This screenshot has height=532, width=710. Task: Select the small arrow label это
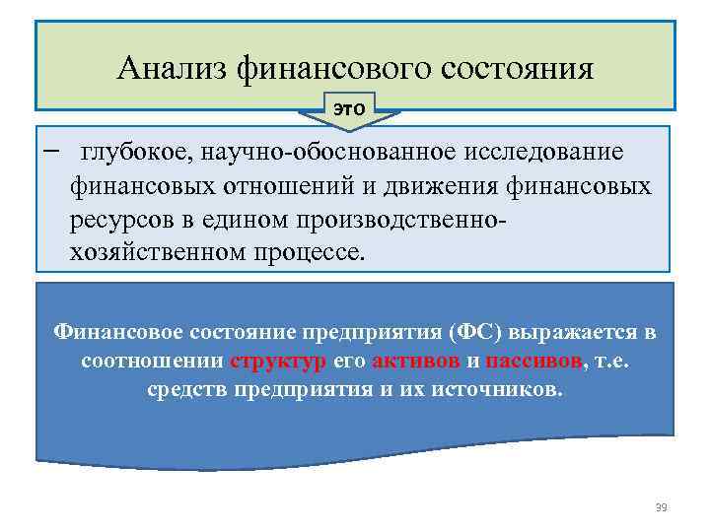[348, 108]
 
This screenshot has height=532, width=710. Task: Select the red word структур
[278, 361]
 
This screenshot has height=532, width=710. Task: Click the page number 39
[661, 507]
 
